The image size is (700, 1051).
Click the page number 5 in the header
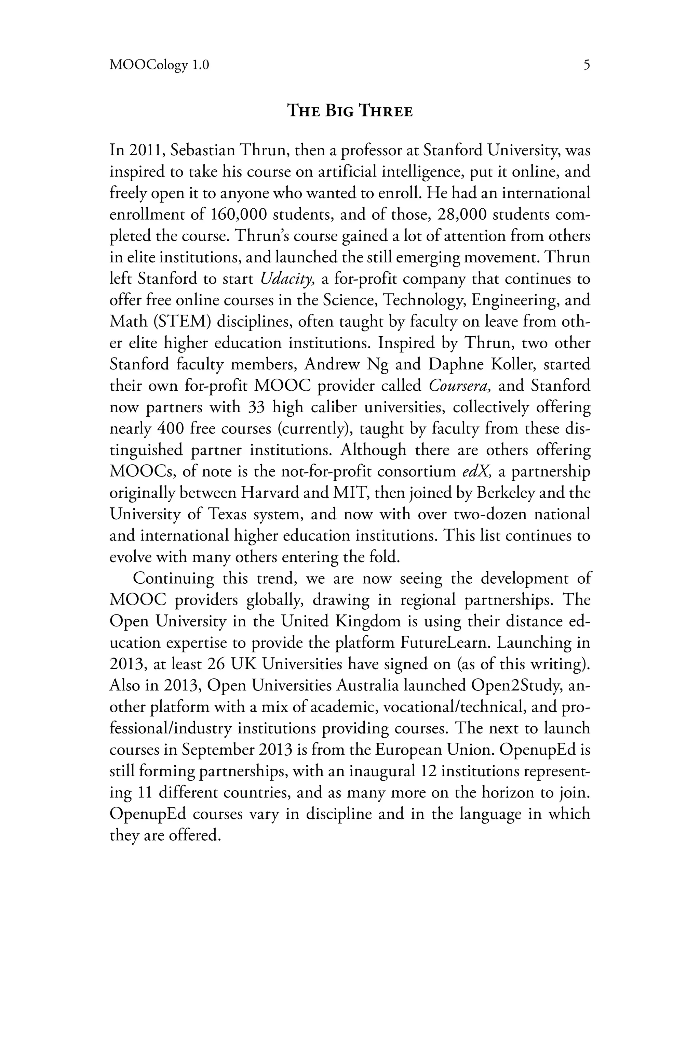[587, 65]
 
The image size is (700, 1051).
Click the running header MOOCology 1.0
[159, 66]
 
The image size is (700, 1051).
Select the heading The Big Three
[350, 111]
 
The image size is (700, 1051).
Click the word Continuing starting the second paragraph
[174, 579]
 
